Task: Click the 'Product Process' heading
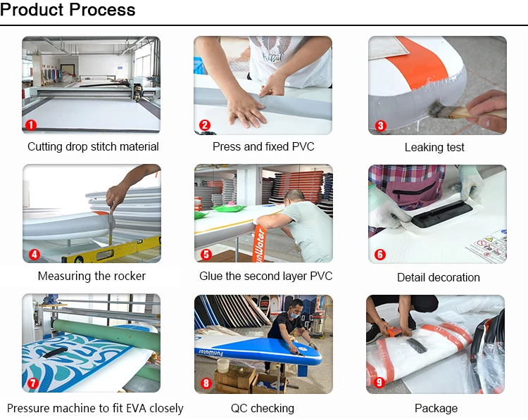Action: point(68,11)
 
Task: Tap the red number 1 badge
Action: point(31,125)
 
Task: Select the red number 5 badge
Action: point(206,255)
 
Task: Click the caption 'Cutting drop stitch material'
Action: point(93,147)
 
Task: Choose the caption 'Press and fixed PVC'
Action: point(263,147)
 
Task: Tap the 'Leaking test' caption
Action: point(434,148)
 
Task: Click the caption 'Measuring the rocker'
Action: point(92,276)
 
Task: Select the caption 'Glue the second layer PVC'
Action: point(265,276)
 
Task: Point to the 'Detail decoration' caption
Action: point(438,277)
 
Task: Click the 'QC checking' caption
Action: point(262,408)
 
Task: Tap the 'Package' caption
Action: point(436,408)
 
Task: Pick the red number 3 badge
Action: point(380,125)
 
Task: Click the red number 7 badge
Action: point(32,384)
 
